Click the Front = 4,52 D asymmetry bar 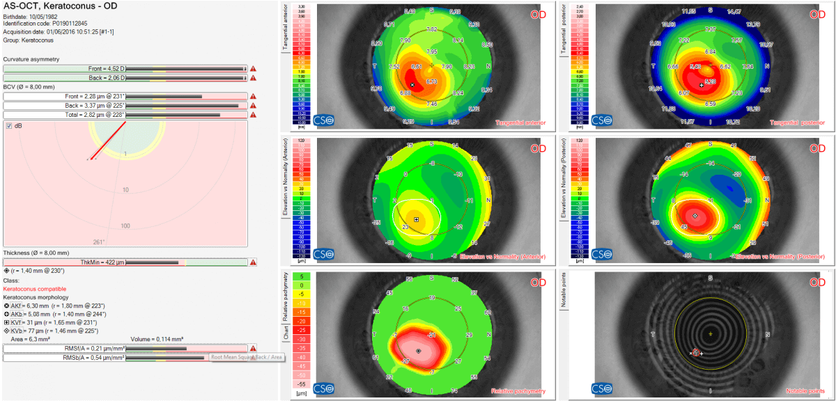pyautogui.click(x=125, y=68)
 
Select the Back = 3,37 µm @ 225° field pyautogui.click(x=125, y=105)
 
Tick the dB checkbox pyautogui.click(x=9, y=126)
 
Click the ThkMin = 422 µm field pyautogui.click(x=125, y=262)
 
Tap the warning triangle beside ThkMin pyautogui.click(x=253, y=262)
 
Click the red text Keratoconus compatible pyautogui.click(x=36, y=288)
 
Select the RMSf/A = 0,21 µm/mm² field pyautogui.click(x=125, y=348)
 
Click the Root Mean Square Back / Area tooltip pyautogui.click(x=247, y=357)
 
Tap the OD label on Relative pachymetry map pyautogui.click(x=538, y=283)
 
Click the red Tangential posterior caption pyautogui.click(x=796, y=123)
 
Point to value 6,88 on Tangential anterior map pyautogui.click(x=405, y=92)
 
